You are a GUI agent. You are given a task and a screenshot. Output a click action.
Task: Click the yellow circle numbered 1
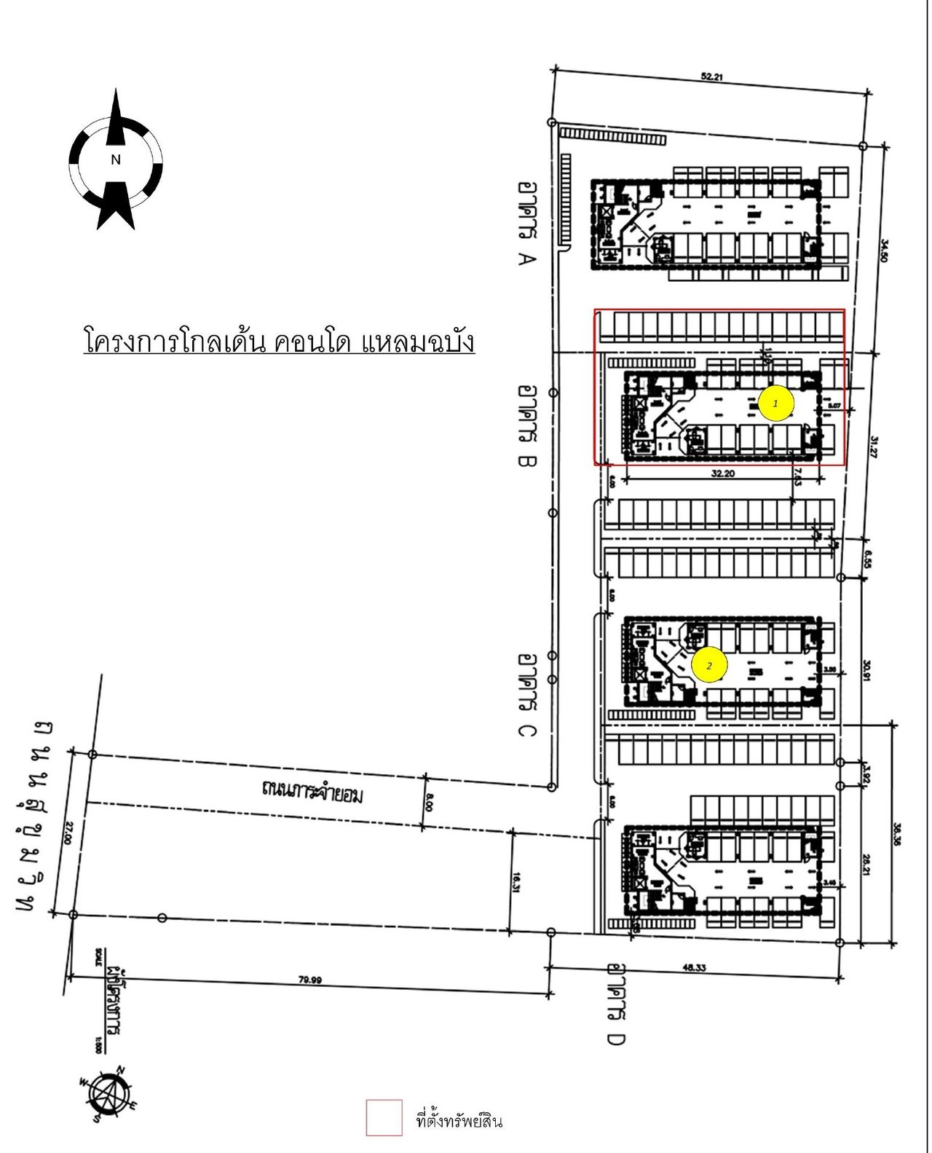pyautogui.click(x=775, y=403)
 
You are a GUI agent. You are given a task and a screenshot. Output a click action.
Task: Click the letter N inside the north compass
pyautogui.click(x=115, y=160)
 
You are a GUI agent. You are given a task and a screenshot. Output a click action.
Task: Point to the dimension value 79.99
pyautogui.click(x=310, y=979)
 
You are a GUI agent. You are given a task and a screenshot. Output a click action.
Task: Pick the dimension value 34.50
pyautogui.click(x=884, y=251)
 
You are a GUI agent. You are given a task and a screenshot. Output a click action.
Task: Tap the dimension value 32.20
pyautogui.click(x=721, y=473)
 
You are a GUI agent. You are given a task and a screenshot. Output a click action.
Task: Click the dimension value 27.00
pyautogui.click(x=69, y=833)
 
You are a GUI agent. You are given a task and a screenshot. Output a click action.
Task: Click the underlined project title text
pyautogui.click(x=280, y=342)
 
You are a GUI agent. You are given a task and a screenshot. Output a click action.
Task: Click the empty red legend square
pyautogui.click(x=384, y=1117)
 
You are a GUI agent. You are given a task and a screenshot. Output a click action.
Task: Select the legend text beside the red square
pyautogui.click(x=459, y=1120)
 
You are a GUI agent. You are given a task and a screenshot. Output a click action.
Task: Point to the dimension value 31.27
pyautogui.click(x=874, y=446)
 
